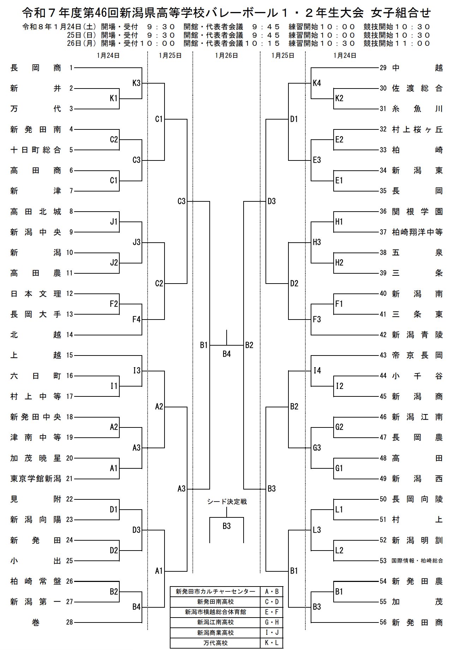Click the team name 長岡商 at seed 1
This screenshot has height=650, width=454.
click(36, 68)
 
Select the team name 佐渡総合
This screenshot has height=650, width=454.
click(417, 89)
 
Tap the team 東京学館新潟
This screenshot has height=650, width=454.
click(36, 479)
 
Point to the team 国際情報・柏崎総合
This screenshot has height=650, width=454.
click(417, 560)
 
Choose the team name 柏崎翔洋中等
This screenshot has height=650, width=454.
click(417, 232)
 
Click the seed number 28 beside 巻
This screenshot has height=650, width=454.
click(70, 622)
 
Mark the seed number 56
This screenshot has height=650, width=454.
click(383, 622)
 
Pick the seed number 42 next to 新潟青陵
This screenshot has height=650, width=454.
click(383, 335)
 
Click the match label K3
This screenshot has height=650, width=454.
click(136, 83)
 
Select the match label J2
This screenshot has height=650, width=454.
click(114, 263)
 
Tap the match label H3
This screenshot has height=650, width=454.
click(317, 242)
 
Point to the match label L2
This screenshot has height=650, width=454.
click(339, 550)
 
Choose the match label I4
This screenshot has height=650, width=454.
click(317, 371)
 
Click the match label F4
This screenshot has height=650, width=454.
click(136, 320)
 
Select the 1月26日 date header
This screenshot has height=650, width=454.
click(226, 55)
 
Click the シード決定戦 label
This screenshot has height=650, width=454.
click(226, 502)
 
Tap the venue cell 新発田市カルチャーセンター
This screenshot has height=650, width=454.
click(215, 591)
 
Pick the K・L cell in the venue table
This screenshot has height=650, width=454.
click(271, 643)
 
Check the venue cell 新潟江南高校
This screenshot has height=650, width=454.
click(215, 622)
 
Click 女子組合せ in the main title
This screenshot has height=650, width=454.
click(401, 13)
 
